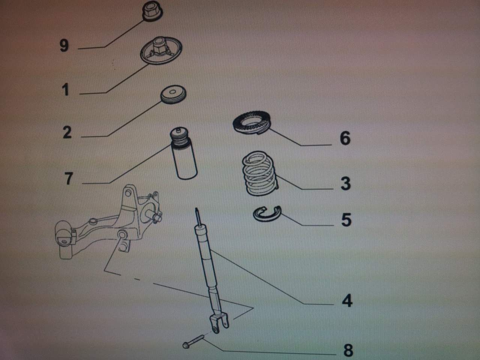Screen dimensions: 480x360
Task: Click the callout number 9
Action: pos(64,46)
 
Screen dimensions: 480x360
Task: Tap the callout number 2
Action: pos(67,132)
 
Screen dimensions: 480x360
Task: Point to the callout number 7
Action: pos(69,178)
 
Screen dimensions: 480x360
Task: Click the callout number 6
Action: pos(345,138)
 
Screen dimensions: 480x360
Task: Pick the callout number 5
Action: pos(346,220)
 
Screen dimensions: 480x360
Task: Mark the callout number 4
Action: pos(347,300)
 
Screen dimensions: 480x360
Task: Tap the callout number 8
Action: pos(348,350)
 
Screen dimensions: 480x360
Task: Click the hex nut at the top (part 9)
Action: pos(152,11)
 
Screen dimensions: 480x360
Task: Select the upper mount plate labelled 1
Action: pos(161,51)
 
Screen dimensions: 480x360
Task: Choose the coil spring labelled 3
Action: pos(260,173)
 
